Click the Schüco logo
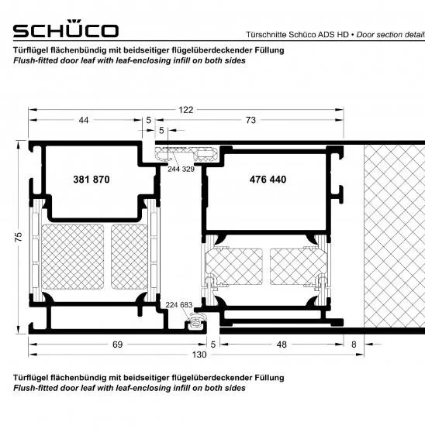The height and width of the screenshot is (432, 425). [66, 29]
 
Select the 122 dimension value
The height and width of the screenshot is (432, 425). [185, 110]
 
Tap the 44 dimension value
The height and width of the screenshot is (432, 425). [84, 120]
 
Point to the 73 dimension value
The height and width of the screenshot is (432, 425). [251, 120]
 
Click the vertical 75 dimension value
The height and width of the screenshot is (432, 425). [18, 237]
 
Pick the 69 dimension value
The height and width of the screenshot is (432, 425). [118, 345]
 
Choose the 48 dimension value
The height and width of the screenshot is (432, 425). [282, 345]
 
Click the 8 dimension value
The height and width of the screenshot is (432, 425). [354, 345]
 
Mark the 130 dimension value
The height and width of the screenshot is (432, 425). [199, 355]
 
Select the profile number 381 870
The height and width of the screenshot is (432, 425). [92, 180]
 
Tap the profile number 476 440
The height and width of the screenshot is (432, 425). [268, 180]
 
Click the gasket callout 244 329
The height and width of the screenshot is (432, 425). [181, 169]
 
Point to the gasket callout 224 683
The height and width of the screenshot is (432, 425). [179, 305]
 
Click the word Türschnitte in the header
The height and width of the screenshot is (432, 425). [266, 35]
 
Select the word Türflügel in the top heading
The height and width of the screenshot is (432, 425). [31, 50]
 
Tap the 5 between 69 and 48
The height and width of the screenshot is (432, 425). [213, 345]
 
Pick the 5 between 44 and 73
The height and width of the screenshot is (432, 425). [148, 120]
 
